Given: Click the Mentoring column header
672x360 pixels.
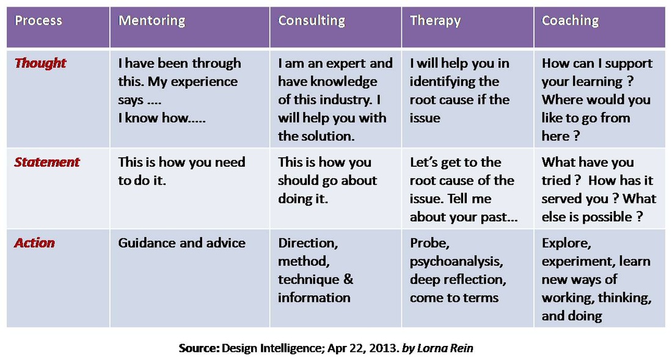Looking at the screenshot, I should click(152, 21).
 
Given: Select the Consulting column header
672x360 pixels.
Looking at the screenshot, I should click(311, 21).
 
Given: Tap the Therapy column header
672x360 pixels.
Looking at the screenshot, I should click(435, 21).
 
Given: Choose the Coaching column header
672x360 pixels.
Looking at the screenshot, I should click(570, 21).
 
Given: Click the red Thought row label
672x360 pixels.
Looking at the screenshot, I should click(40, 63).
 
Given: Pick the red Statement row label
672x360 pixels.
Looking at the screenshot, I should click(47, 162).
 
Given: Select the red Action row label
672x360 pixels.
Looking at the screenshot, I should click(35, 243).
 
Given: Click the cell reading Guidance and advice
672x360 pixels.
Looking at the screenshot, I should click(181, 243).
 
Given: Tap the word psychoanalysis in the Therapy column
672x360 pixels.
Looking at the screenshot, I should click(456, 262).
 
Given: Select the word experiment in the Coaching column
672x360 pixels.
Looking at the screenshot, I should click(577, 262).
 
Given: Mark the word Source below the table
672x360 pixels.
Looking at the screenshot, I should click(199, 348).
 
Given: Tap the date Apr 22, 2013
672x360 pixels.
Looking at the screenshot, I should click(365, 348).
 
